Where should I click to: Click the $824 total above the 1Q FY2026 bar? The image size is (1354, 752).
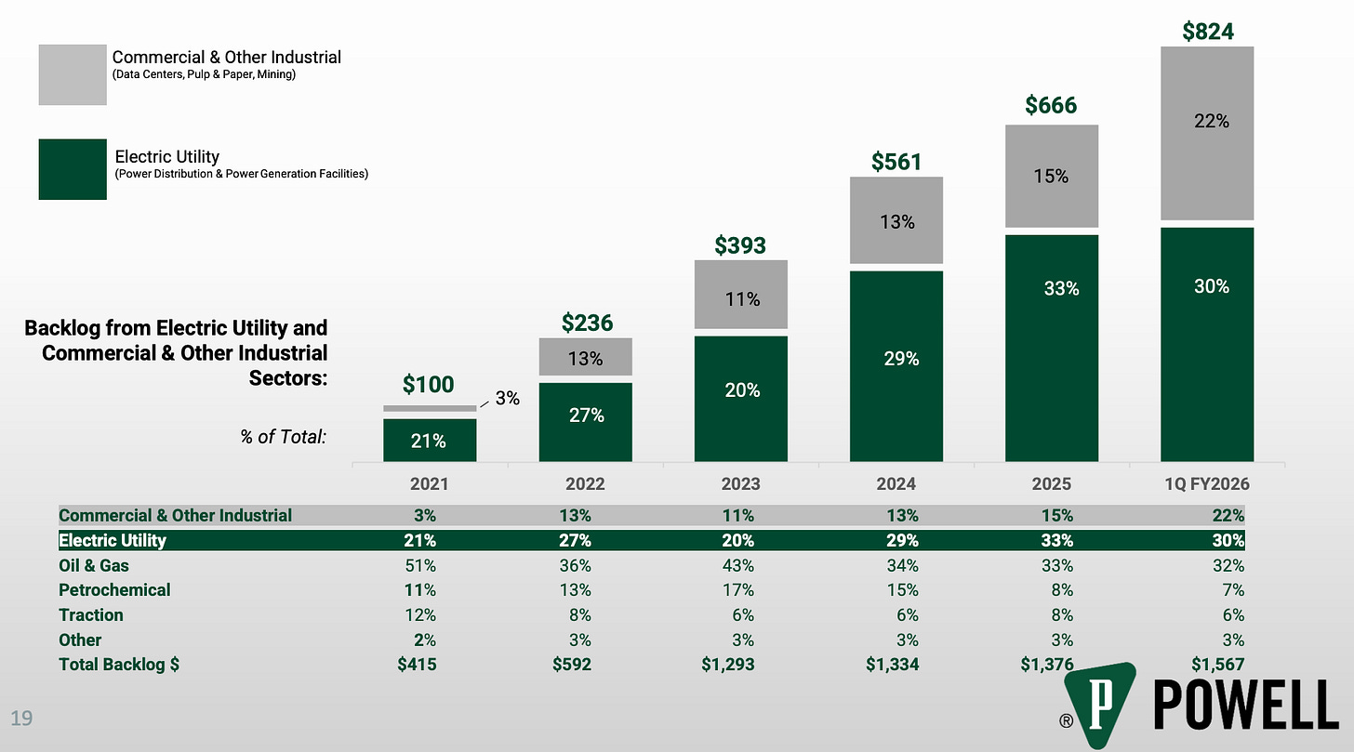1207,31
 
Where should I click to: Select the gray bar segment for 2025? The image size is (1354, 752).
1052,176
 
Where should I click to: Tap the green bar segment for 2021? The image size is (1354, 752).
430,441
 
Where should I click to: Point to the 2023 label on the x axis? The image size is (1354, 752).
740,484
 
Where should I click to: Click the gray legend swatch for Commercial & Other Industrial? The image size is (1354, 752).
73,74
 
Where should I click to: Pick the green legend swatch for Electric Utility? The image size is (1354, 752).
73,169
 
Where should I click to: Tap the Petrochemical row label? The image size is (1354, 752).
114,590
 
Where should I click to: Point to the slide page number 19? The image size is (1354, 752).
20,717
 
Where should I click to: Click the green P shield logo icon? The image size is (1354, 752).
1099,704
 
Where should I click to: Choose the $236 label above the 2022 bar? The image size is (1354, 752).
587,323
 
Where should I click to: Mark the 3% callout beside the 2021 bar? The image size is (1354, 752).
507,399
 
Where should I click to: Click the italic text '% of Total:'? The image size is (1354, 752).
283,435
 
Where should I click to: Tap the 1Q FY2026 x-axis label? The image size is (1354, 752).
1207,484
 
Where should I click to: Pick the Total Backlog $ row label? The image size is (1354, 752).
119,665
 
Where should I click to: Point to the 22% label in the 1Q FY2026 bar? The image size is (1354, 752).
1212,121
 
